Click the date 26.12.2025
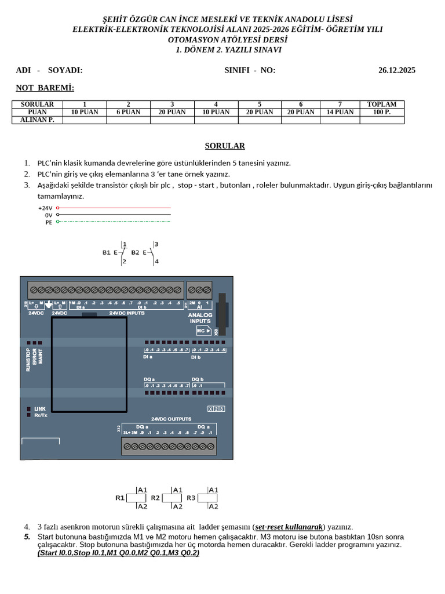tap(396, 70)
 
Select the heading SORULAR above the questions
tap(225, 146)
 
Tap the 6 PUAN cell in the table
tap(128, 112)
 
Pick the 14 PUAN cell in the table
tap(340, 112)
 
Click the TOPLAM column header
tap(382, 104)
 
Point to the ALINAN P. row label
tap(37, 119)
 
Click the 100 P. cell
tap(382, 112)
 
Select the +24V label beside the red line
tap(45, 208)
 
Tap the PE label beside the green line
tap(49, 222)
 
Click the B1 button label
tap(107, 252)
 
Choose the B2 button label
tap(135, 252)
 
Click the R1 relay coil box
tap(136, 498)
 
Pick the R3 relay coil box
tap(207, 498)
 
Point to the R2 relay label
tap(155, 498)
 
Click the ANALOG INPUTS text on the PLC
tap(200, 317)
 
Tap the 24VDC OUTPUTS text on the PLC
tap(171, 419)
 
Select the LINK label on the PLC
tap(40, 409)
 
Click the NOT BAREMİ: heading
tap(45, 88)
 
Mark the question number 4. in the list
tap(27, 527)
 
